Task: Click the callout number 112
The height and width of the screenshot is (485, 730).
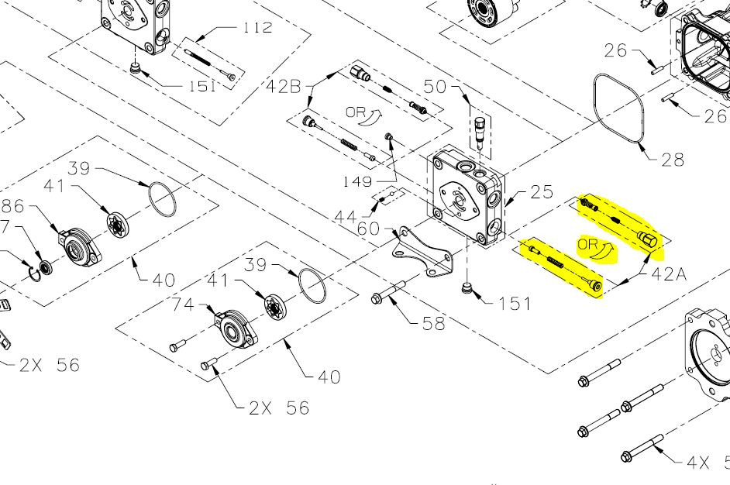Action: [x=257, y=27]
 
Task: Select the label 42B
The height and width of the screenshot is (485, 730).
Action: [x=284, y=87]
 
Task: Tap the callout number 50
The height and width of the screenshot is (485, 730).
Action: [x=435, y=87]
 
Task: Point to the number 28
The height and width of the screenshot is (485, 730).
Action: [x=673, y=160]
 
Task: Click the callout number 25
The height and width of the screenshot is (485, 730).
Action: [x=542, y=192]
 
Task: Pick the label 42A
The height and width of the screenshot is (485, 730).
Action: [x=669, y=274]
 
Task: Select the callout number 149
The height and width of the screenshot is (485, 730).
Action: [x=357, y=181]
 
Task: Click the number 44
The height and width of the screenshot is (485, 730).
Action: [x=346, y=217]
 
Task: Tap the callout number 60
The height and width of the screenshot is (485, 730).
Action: [x=369, y=229]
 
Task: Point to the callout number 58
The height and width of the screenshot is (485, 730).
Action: [x=434, y=324]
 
